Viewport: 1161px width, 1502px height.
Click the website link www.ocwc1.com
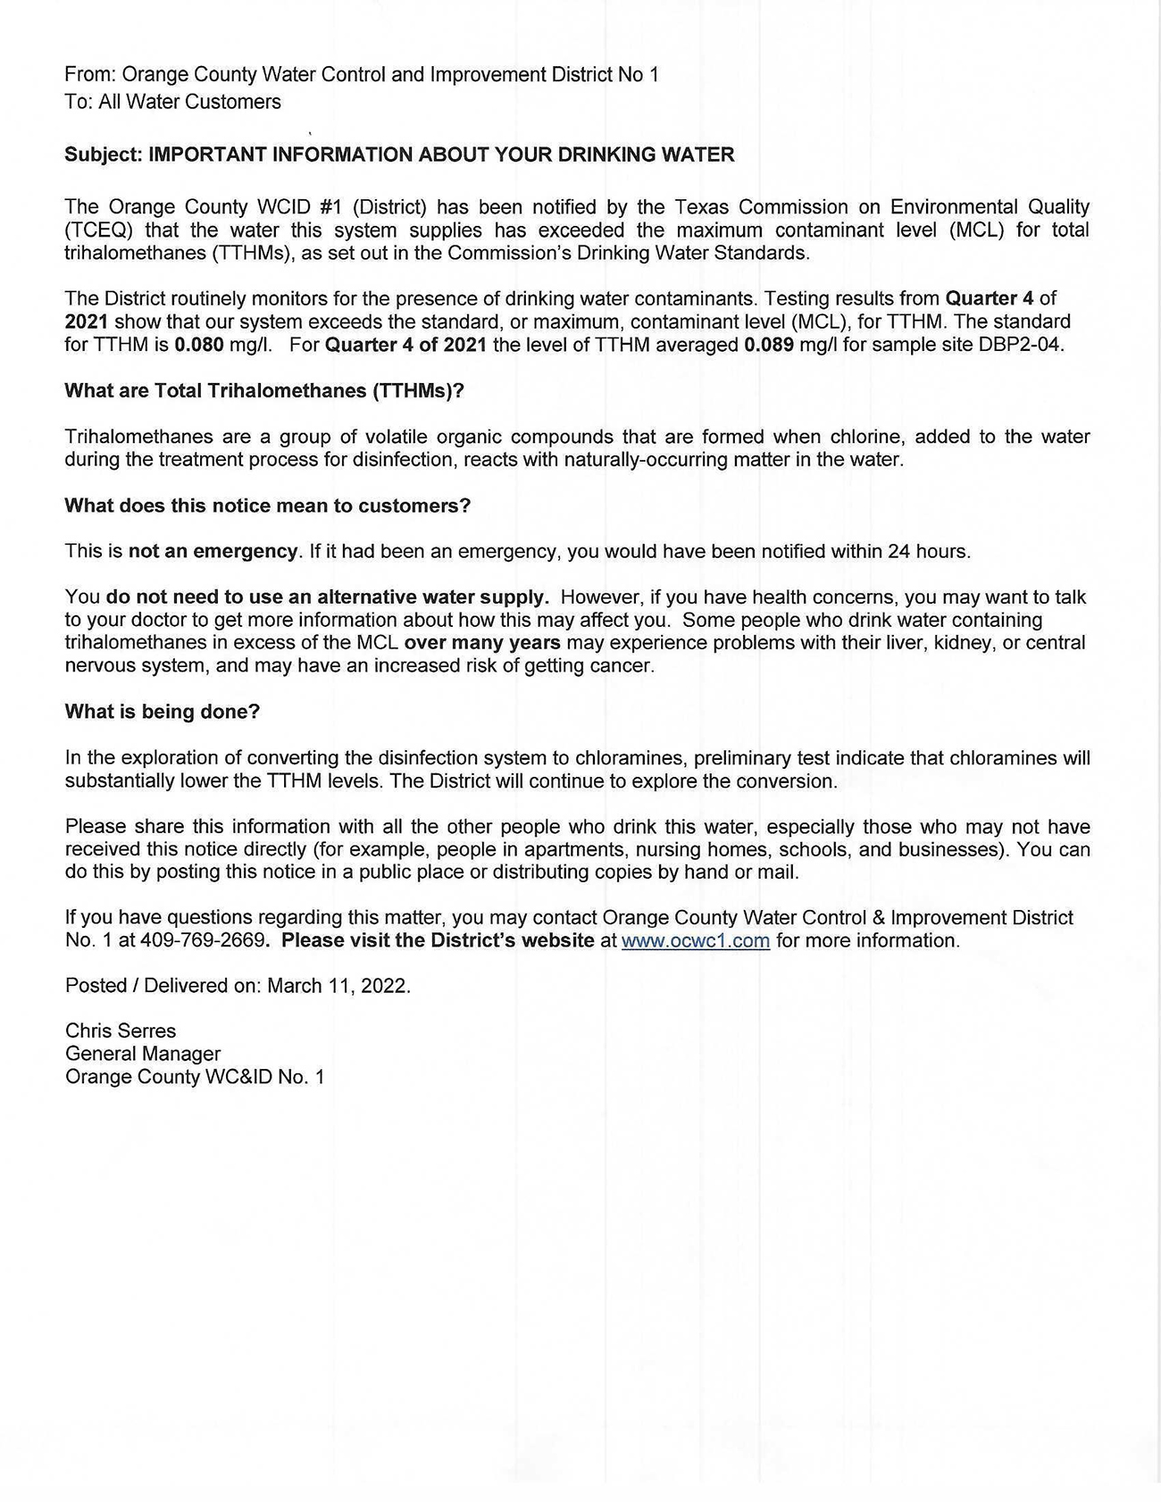[x=695, y=940]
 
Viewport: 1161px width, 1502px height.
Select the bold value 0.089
[x=768, y=345]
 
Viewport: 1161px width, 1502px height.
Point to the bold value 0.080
[x=199, y=345]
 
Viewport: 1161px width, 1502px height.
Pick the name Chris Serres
[x=121, y=1031]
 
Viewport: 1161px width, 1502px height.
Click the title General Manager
[x=143, y=1054]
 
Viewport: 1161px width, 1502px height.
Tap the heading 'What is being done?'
[x=163, y=712]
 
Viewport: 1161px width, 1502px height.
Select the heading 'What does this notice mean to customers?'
[x=267, y=505]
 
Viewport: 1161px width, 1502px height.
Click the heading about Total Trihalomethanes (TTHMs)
[x=264, y=390]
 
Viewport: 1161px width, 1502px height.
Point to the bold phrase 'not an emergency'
[x=213, y=551]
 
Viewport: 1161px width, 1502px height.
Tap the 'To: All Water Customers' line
[x=172, y=102]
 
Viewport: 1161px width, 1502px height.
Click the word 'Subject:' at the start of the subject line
[x=103, y=154]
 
